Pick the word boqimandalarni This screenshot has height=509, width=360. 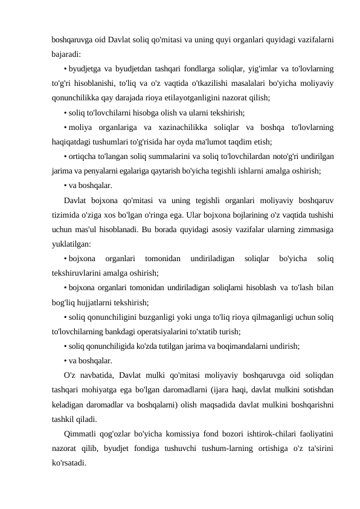click(235, 345)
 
